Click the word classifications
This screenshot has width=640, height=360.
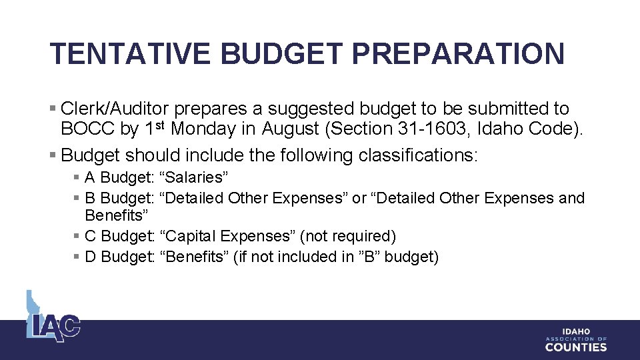coord(417,155)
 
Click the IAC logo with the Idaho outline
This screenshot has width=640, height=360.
coord(53,318)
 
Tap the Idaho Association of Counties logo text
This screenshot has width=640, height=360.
coord(576,339)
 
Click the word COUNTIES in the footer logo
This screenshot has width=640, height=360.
coord(576,347)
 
